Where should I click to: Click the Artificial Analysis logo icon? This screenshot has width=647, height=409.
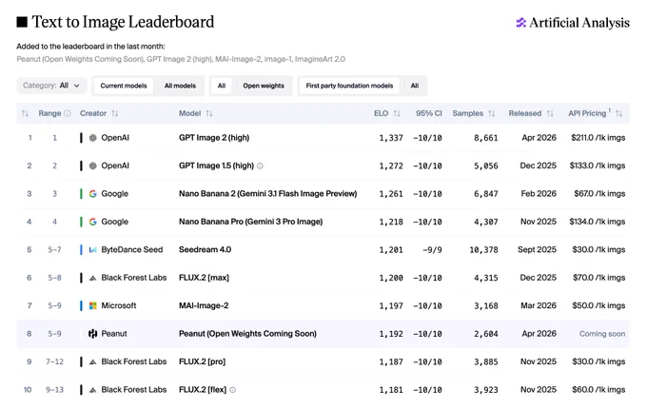pyautogui.click(x=520, y=23)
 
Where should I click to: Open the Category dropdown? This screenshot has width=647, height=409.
pyautogui.click(x=51, y=86)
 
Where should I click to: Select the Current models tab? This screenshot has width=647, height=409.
pyautogui.click(x=124, y=86)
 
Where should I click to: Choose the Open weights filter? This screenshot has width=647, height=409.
pyautogui.click(x=264, y=86)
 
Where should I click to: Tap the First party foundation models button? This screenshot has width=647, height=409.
pyautogui.click(x=349, y=86)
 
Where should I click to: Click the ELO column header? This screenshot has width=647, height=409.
pyautogui.click(x=382, y=113)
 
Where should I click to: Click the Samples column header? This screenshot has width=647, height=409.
pyautogui.click(x=467, y=113)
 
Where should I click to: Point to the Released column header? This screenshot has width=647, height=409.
pyautogui.click(x=525, y=113)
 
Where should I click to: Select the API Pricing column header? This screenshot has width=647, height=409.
pyautogui.click(x=587, y=113)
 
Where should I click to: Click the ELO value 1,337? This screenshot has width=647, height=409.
pyautogui.click(x=391, y=138)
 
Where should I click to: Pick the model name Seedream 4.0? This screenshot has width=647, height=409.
pyautogui.click(x=205, y=250)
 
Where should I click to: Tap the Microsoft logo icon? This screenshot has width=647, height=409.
pyautogui.click(x=93, y=305)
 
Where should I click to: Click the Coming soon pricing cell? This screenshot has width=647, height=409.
pyautogui.click(x=602, y=334)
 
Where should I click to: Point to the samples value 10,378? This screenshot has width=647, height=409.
pyautogui.click(x=483, y=250)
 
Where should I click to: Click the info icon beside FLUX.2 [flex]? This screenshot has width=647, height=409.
pyautogui.click(x=233, y=390)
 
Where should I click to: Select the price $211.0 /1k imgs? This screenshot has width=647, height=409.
pyautogui.click(x=598, y=138)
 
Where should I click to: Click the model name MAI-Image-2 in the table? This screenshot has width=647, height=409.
pyautogui.click(x=204, y=306)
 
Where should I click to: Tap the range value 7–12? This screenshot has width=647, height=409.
pyautogui.click(x=54, y=362)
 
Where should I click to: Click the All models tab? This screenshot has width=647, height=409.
pyautogui.click(x=180, y=86)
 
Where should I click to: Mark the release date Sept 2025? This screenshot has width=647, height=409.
pyautogui.click(x=537, y=250)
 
